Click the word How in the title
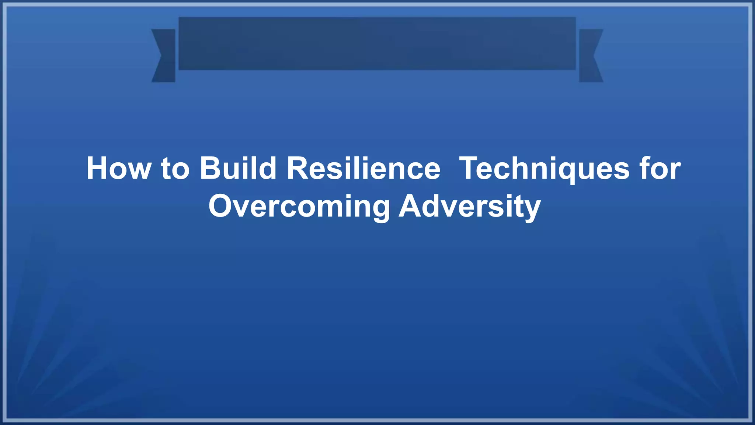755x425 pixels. point(118,169)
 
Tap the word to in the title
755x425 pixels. point(175,169)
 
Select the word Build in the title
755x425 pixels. point(238,169)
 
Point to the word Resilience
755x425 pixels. point(363,169)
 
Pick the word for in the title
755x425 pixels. point(660,169)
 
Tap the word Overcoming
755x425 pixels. point(299,207)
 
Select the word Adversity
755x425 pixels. point(470,207)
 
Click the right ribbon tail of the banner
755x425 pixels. point(591,55)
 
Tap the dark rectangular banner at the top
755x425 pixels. point(377,43)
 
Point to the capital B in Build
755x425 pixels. point(210,169)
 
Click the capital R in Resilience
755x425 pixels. point(298,169)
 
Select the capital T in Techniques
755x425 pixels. point(470,169)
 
